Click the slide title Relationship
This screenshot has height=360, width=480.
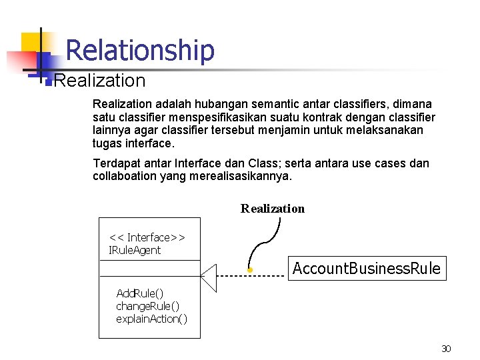pyautogui.click(x=140, y=51)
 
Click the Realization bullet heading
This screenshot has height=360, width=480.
pyautogui.click(x=99, y=81)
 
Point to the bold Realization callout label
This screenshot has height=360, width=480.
pyautogui.click(x=272, y=209)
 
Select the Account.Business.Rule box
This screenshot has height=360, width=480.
pyautogui.click(x=366, y=269)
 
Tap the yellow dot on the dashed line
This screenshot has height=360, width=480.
pyautogui.click(x=249, y=270)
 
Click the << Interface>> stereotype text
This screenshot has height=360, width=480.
pyautogui.click(x=147, y=237)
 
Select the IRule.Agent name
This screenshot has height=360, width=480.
pyautogui.click(x=135, y=251)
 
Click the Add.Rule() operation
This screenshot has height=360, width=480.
pyautogui.click(x=140, y=293)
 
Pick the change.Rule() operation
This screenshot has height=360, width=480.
pyautogui.click(x=147, y=306)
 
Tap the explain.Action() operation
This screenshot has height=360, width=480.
pyautogui.click(x=151, y=319)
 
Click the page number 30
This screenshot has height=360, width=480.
pyautogui.click(x=446, y=349)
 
